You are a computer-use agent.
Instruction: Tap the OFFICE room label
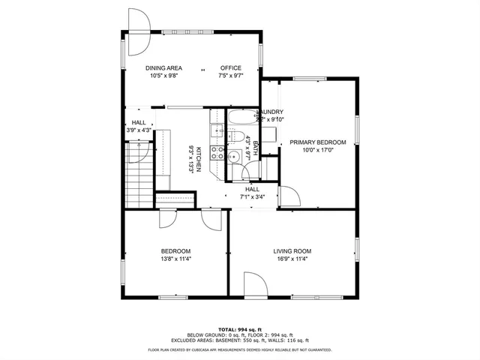[x=230, y=67]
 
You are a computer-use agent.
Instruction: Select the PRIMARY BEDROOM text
[x=318, y=142]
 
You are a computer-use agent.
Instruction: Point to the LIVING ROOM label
[x=292, y=251]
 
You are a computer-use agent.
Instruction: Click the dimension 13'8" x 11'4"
[x=175, y=259]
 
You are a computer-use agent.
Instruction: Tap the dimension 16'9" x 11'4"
[x=292, y=259]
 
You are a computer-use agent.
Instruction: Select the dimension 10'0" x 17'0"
[x=318, y=151]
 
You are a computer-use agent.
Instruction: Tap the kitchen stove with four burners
[x=218, y=152]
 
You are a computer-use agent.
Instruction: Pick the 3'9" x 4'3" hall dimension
[x=139, y=130]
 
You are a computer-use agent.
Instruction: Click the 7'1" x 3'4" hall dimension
[x=252, y=197]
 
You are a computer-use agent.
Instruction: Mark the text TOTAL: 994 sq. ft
[x=240, y=329]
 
